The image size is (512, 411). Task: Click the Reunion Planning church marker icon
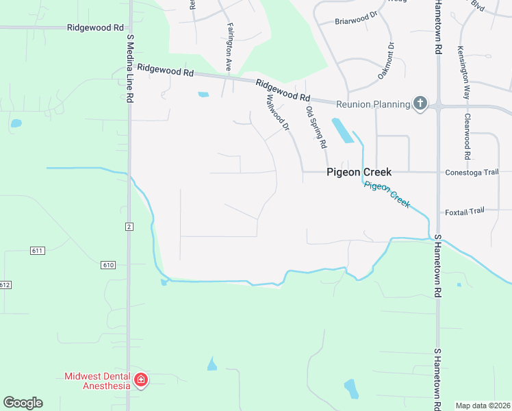(x=420, y=104)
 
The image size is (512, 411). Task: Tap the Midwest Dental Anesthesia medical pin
(x=141, y=379)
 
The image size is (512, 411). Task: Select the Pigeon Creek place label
(x=359, y=173)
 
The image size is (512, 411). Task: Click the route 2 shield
(x=129, y=226)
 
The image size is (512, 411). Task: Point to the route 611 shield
(x=37, y=251)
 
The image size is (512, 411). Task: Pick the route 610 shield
(x=107, y=265)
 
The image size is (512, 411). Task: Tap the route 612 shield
(x=5, y=284)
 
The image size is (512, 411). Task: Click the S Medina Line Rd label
(x=129, y=69)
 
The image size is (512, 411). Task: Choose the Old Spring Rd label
(x=316, y=128)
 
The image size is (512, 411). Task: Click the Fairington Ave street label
(x=228, y=46)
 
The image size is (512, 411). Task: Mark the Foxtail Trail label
(x=464, y=211)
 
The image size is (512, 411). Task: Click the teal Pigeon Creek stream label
(x=387, y=195)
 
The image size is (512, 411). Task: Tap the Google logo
(x=23, y=403)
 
